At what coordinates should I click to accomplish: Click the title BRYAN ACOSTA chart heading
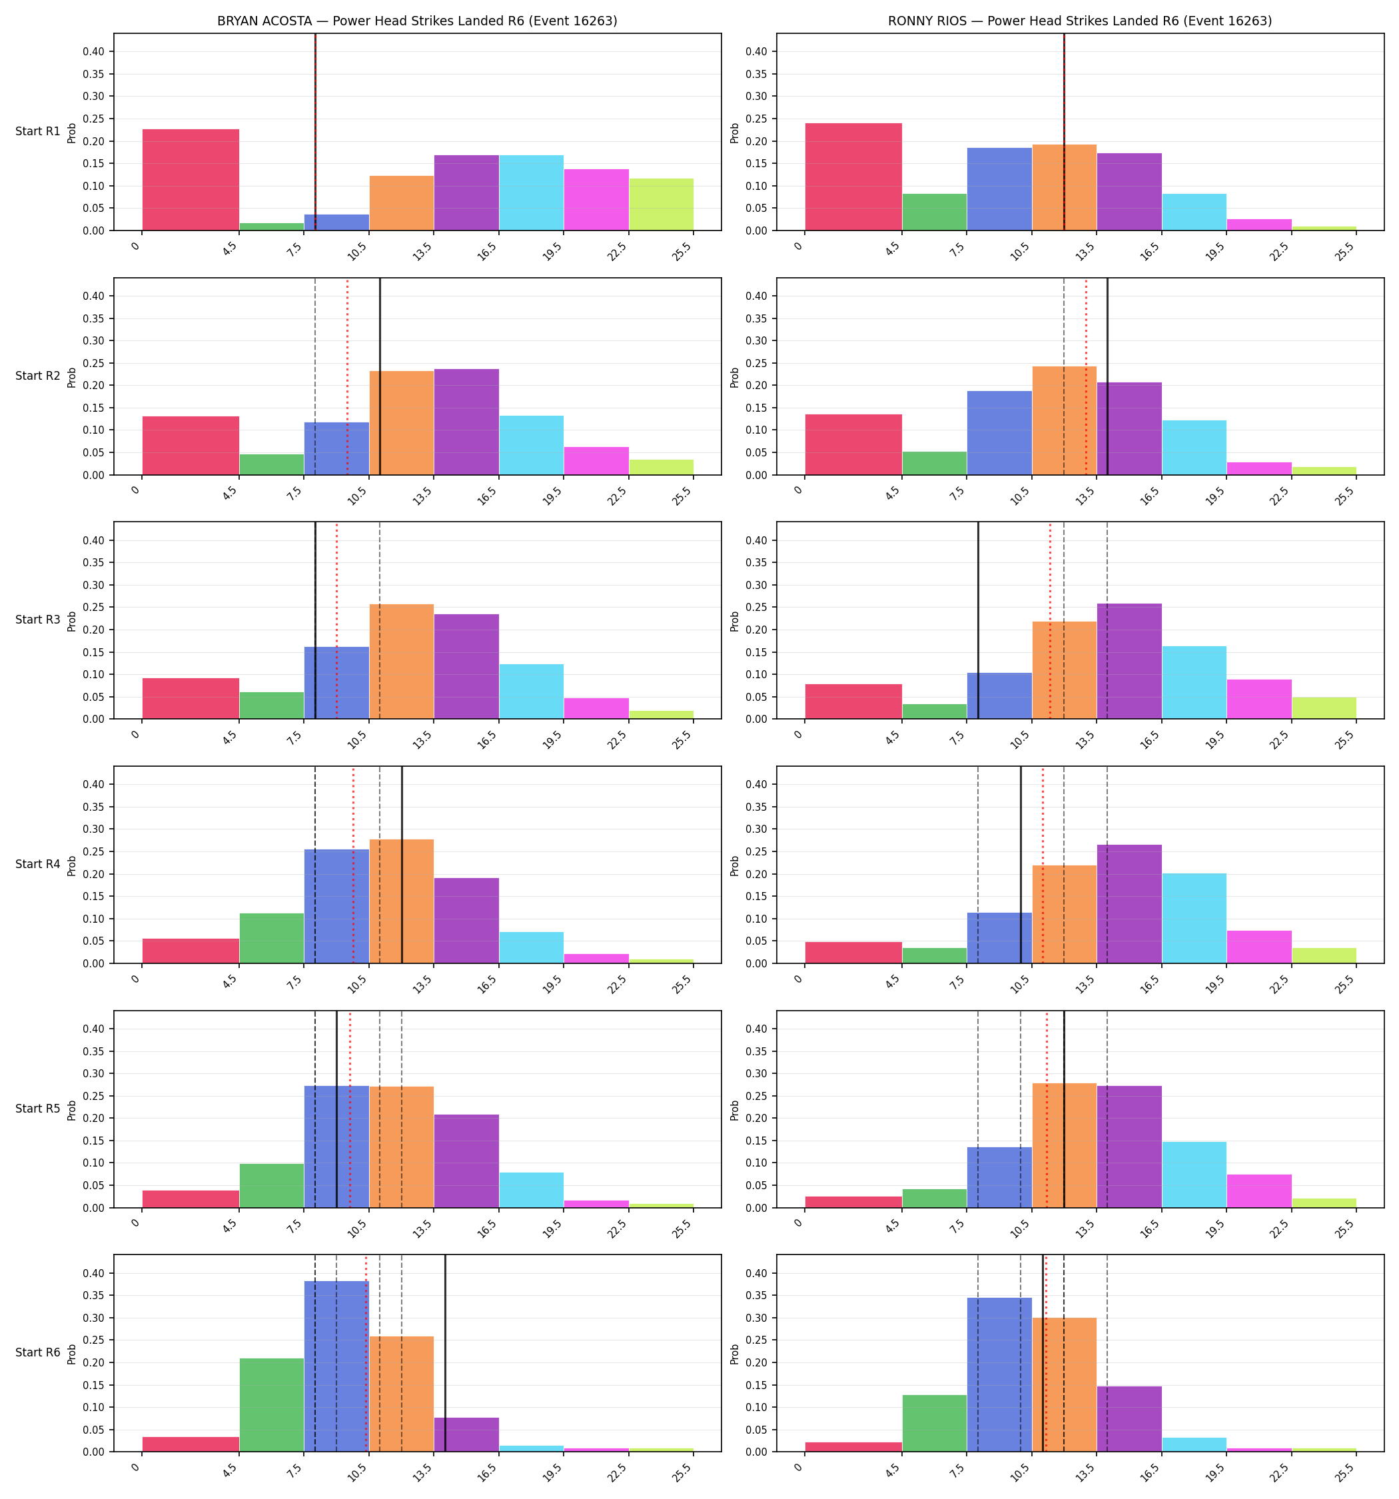[x=417, y=21]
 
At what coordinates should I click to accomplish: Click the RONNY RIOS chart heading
[x=1080, y=21]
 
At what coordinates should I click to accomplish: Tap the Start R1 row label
[x=38, y=131]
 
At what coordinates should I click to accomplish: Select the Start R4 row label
[x=38, y=864]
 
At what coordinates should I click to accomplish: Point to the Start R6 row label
[x=38, y=1352]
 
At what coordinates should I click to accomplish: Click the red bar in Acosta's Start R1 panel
[x=191, y=179]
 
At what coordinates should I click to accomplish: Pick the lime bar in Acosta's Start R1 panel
[x=662, y=205]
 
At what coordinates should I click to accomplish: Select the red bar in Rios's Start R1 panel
[x=854, y=177]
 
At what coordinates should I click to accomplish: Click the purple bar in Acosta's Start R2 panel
[x=466, y=422]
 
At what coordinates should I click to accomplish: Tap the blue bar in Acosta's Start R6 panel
[x=336, y=1366]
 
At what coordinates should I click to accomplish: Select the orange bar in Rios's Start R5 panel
[x=1064, y=1145]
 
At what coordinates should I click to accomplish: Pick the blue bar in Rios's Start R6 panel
[x=999, y=1374]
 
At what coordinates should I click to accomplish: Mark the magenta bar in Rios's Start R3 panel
[x=1258, y=699]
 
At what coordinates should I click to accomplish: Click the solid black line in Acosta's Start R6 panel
[x=445, y=1352]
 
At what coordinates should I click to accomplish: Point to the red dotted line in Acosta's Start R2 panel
[x=347, y=376]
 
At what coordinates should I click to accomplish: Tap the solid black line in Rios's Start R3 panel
[x=978, y=620]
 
